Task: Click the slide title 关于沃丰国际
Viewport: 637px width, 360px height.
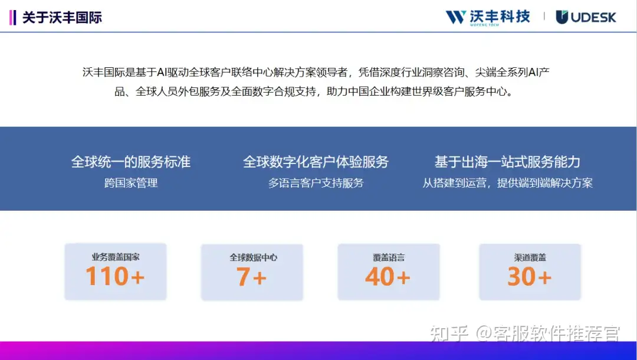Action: [x=62, y=18]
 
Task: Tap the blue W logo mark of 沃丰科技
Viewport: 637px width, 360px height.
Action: [x=455, y=17]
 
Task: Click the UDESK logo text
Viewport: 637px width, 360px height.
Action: [x=593, y=17]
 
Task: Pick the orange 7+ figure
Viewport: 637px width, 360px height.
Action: [x=251, y=277]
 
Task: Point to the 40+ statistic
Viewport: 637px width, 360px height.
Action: [x=388, y=276]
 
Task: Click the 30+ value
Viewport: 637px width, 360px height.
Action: [x=530, y=276]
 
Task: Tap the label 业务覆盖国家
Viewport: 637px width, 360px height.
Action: [x=116, y=257]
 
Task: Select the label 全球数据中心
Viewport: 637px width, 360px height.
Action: [x=253, y=257]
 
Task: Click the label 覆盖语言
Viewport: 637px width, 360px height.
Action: [x=389, y=257]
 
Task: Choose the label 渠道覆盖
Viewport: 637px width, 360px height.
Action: [x=530, y=257]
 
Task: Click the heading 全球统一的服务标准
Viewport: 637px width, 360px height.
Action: [x=131, y=162]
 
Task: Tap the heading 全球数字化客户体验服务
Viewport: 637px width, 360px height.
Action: [x=316, y=162]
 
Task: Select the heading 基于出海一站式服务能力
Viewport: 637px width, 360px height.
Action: [x=507, y=162]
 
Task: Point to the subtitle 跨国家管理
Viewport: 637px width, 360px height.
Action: [x=131, y=183]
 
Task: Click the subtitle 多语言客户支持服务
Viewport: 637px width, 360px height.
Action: [x=316, y=183]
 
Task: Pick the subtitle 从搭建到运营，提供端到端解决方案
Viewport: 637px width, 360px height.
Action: [x=507, y=183]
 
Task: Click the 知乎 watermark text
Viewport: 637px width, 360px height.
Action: [x=449, y=333]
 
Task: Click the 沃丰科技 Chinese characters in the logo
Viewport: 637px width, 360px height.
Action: [x=500, y=17]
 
